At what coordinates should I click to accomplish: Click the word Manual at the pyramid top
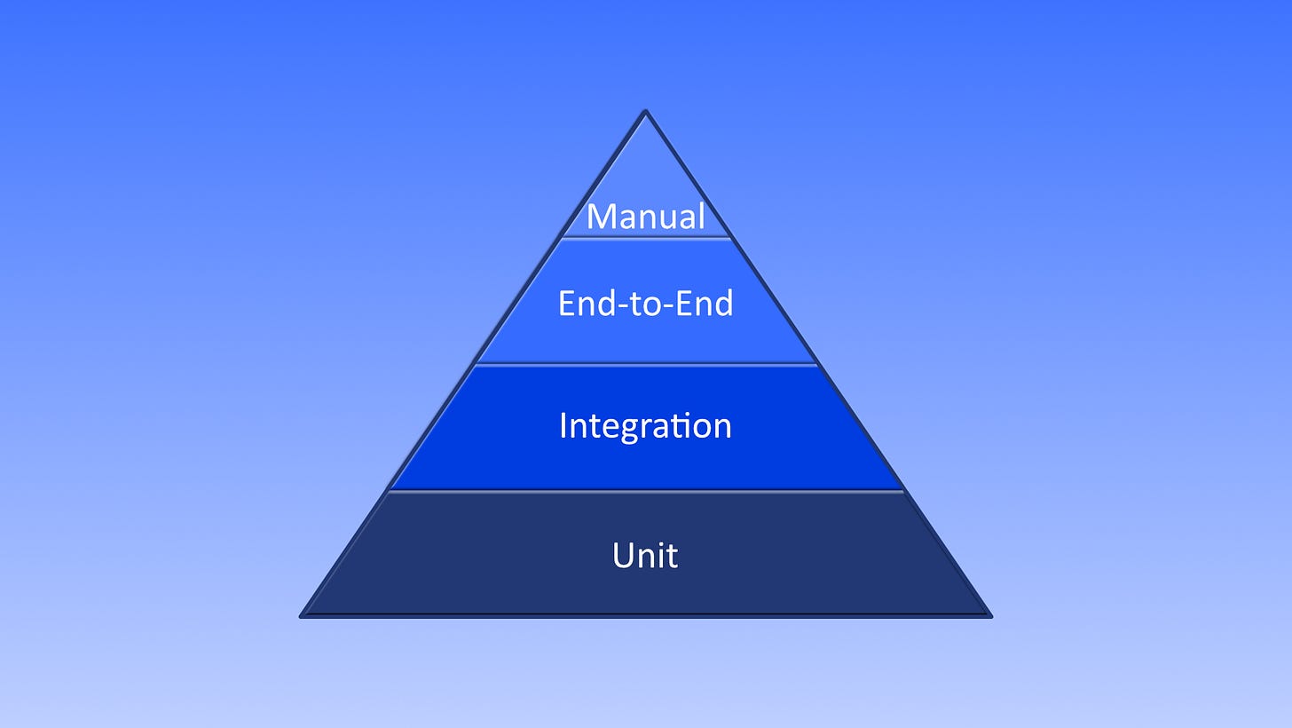tap(646, 218)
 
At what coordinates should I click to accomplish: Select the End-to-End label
tap(646, 304)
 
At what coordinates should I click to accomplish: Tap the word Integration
tap(646, 425)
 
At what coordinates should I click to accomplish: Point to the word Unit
tap(646, 556)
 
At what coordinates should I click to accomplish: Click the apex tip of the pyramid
tap(646, 112)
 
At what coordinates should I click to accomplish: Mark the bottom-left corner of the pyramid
tap(303, 615)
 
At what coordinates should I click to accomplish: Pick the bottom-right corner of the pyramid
tap(989, 615)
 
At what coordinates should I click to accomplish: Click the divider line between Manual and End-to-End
tap(646, 237)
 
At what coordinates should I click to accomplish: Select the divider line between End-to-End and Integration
tap(646, 364)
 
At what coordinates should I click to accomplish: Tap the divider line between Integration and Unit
tap(646, 490)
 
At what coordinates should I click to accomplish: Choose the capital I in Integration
tap(563, 425)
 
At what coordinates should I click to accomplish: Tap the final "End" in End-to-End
tap(706, 304)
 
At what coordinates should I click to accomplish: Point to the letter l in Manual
tap(701, 217)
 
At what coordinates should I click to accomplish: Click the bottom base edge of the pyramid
tap(646, 615)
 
